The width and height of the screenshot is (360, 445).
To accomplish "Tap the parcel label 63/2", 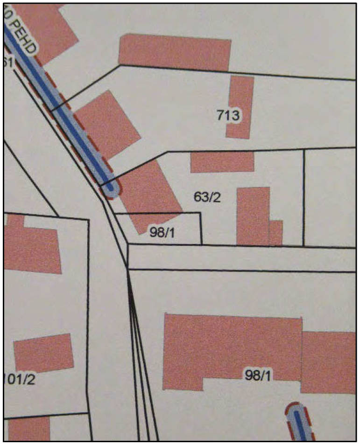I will coord(207,197).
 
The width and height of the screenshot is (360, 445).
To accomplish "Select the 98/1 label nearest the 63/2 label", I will coord(162,231).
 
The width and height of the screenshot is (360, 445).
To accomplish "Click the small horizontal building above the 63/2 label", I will coord(222,162).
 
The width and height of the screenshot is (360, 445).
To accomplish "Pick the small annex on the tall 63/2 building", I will coord(276,232).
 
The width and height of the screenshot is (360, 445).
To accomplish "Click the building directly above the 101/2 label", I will coord(43,353).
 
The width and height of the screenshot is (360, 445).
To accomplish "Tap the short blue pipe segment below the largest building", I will coord(299,422).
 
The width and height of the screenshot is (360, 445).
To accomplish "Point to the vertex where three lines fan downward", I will coord(127,270).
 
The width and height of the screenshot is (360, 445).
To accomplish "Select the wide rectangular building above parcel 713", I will coord(175,52).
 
